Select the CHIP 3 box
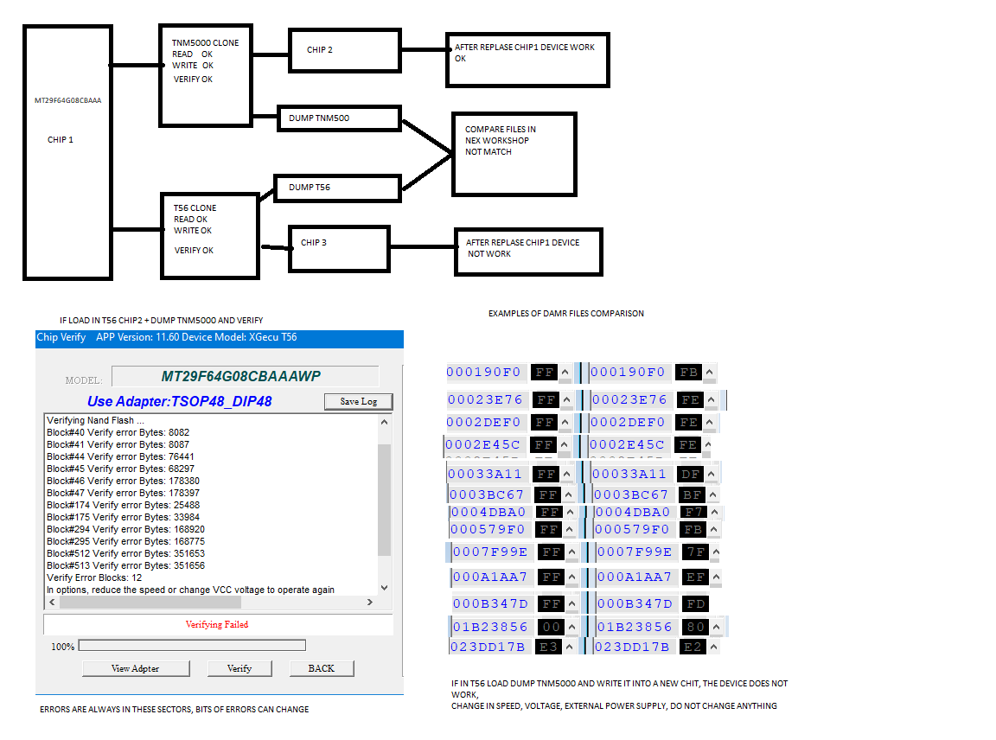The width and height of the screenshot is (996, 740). click(339, 247)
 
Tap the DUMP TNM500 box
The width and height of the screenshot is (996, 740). click(339, 118)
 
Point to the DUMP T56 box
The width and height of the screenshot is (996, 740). click(337, 188)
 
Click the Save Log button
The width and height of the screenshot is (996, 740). click(358, 401)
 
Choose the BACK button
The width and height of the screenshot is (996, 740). click(321, 668)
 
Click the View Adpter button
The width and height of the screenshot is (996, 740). click(135, 668)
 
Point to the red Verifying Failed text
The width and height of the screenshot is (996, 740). click(217, 624)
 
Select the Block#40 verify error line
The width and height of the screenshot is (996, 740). click(118, 432)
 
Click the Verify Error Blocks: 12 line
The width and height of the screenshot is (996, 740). click(94, 577)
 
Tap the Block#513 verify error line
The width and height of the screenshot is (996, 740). click(125, 565)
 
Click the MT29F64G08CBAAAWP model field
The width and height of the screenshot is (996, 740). click(246, 376)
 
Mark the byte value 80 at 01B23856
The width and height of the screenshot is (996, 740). click(696, 627)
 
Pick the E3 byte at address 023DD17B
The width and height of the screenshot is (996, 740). click(548, 647)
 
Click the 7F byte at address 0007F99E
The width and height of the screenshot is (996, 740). click(695, 552)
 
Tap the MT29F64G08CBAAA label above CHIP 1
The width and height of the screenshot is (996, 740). click(67, 101)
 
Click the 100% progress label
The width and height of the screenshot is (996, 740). click(62, 647)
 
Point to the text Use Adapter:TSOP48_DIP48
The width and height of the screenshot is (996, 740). click(180, 401)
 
